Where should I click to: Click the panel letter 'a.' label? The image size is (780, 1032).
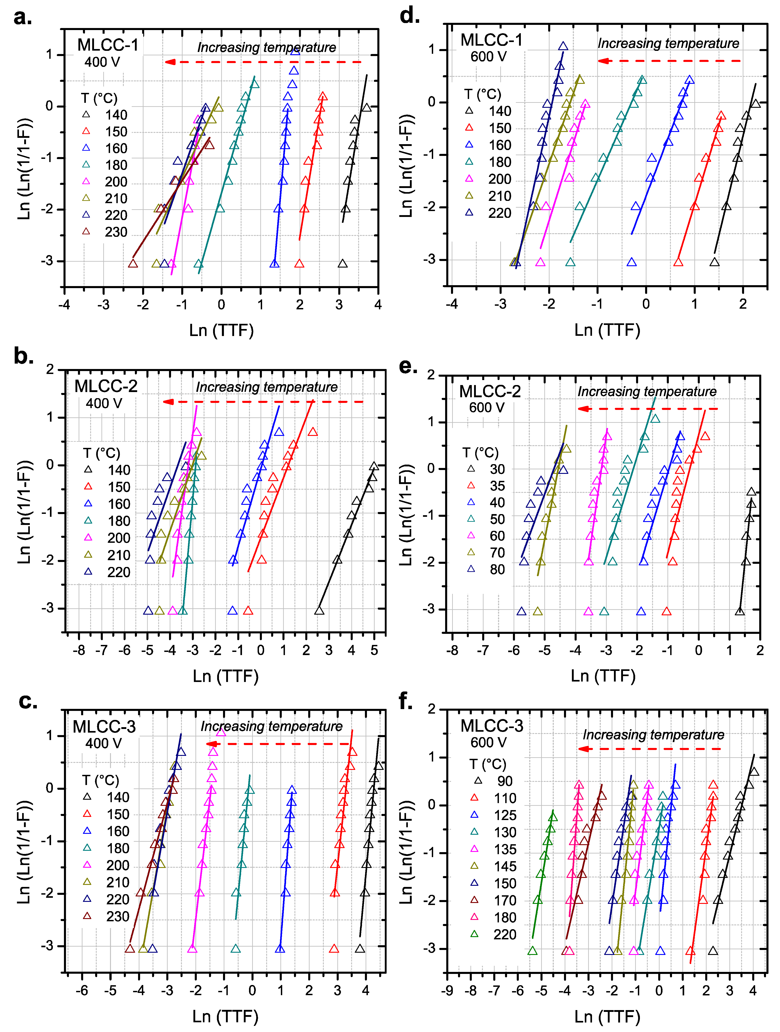pos(22,18)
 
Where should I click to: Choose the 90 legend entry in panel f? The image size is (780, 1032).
pos(505,781)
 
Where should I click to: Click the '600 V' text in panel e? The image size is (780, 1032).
pos(486,407)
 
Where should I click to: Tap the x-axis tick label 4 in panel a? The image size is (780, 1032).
pos(378,305)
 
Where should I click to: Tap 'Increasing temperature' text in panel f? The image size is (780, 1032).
pos(653,735)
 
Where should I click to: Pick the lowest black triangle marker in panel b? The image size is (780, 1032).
pos(319,610)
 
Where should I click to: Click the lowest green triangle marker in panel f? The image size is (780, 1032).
pos(532,950)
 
